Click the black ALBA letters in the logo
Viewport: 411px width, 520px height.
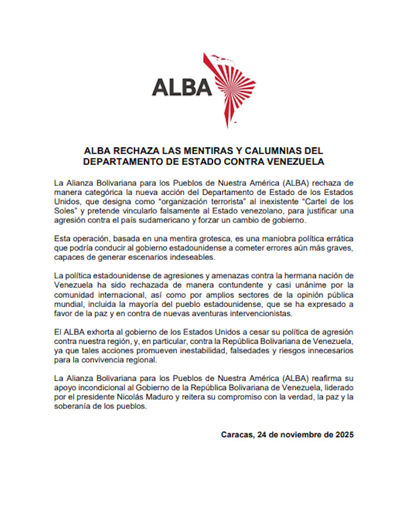coord(181,87)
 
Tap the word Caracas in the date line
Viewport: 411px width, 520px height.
coord(239,435)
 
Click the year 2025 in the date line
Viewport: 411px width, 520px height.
coord(342,435)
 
